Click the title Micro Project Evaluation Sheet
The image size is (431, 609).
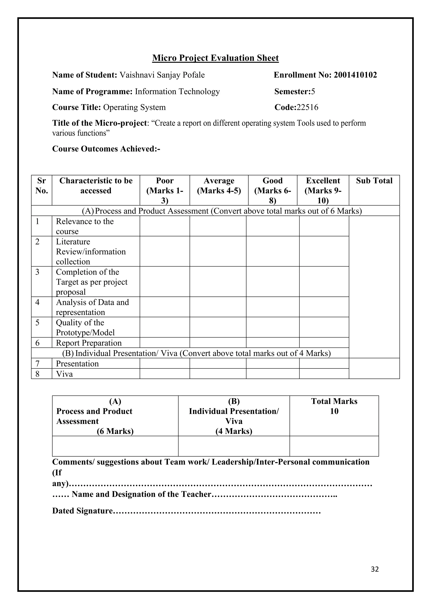215,58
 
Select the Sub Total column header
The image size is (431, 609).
374,181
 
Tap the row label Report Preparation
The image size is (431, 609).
89,343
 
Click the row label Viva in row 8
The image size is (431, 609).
64,374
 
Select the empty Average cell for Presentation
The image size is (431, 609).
218,363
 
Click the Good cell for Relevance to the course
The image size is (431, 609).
273,226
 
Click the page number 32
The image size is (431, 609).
374,569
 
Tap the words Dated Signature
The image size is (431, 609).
82,511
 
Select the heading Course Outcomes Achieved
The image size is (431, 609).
106,149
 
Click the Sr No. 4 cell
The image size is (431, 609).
41,307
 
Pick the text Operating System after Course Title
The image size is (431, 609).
134,107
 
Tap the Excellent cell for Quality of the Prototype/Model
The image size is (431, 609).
324,327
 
